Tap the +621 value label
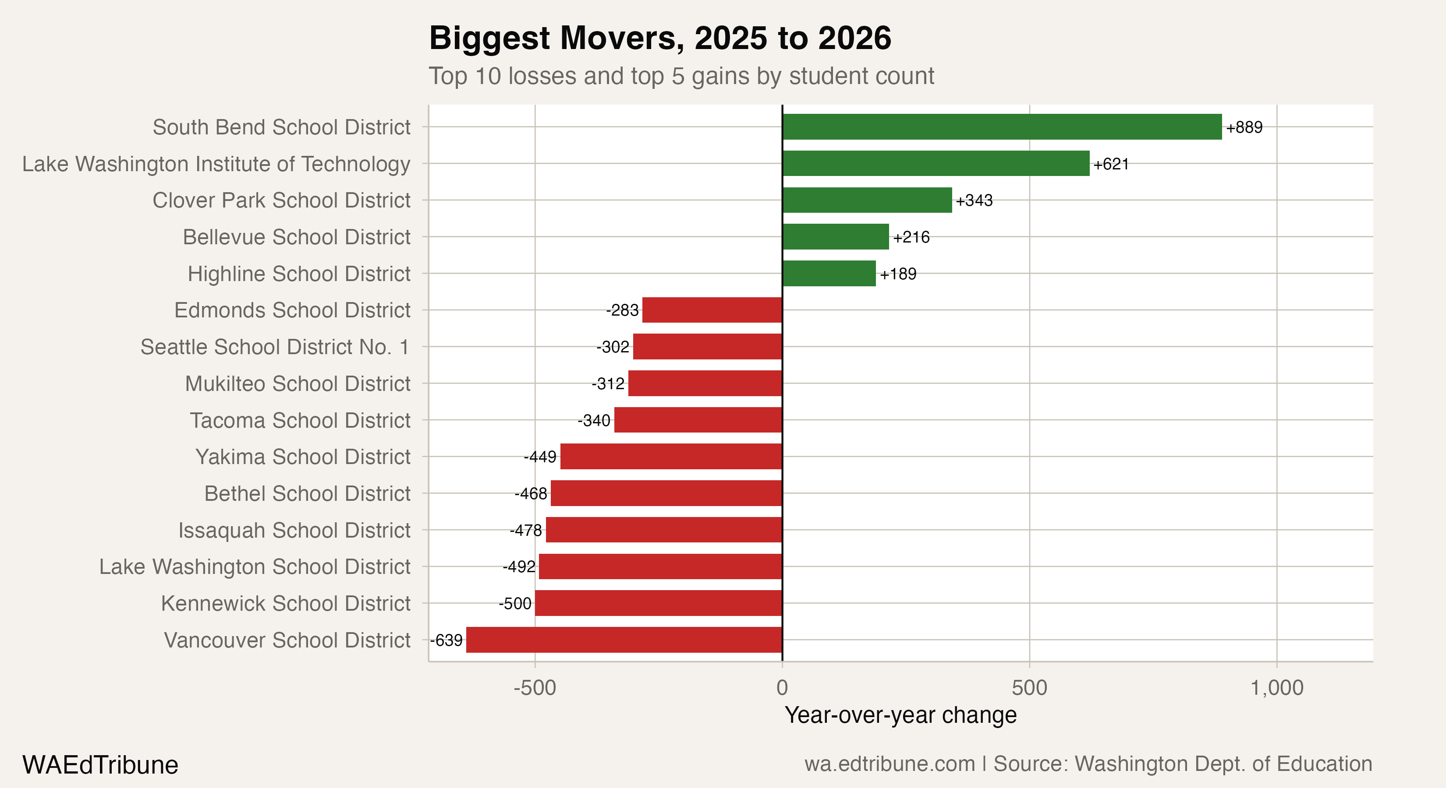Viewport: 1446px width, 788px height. pos(1110,164)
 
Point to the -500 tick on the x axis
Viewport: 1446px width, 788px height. pos(535,688)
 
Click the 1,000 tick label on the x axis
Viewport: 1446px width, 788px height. pos(1276,688)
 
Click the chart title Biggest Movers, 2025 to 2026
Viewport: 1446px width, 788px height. pos(659,38)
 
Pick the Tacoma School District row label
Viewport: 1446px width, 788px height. pos(300,420)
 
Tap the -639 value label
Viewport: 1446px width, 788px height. pos(446,640)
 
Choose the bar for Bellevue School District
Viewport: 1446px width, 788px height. pos(835,237)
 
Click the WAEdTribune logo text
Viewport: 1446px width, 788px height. pos(100,765)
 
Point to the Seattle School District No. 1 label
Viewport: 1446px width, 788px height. pos(274,347)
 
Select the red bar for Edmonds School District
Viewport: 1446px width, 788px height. pos(712,310)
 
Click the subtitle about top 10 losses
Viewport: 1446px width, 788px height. pos(681,76)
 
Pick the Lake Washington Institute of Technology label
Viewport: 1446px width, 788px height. pos(216,164)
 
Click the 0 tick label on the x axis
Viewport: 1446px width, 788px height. pos(782,688)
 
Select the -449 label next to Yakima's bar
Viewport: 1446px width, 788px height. pos(539,457)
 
